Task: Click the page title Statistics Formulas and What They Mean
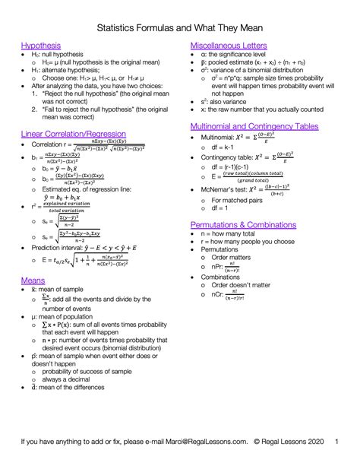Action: click(180, 26)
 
